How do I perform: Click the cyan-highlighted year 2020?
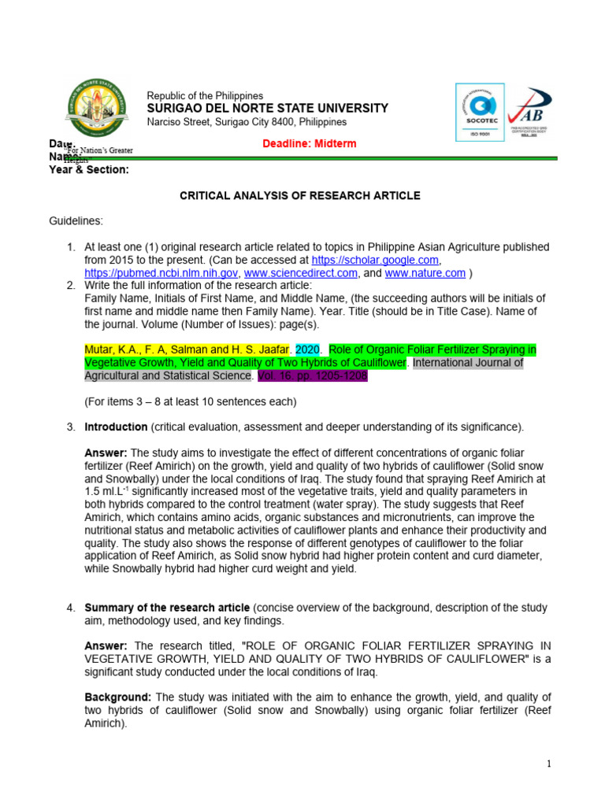[x=307, y=349]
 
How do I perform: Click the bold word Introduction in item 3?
[x=116, y=427]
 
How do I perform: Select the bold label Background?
[x=118, y=697]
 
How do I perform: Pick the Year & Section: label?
[x=89, y=169]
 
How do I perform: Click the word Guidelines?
[x=75, y=221]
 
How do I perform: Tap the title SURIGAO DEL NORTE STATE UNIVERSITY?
[x=268, y=109]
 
